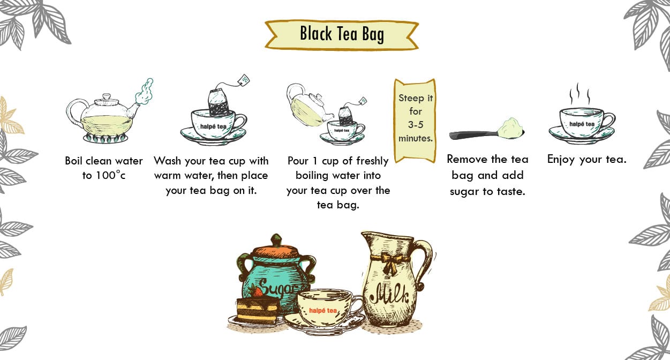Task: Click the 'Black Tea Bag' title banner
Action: (342, 34)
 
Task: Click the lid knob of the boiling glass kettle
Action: (107, 97)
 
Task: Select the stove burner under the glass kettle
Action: (106, 138)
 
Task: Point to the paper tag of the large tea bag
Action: (244, 80)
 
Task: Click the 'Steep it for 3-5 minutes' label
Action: (416, 118)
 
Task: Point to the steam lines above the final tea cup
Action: (579, 94)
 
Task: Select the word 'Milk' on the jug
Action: (389, 295)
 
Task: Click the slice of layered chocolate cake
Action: (258, 310)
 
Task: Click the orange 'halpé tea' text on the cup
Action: (323, 311)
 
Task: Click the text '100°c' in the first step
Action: (110, 175)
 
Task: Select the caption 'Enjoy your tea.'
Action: (586, 160)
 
